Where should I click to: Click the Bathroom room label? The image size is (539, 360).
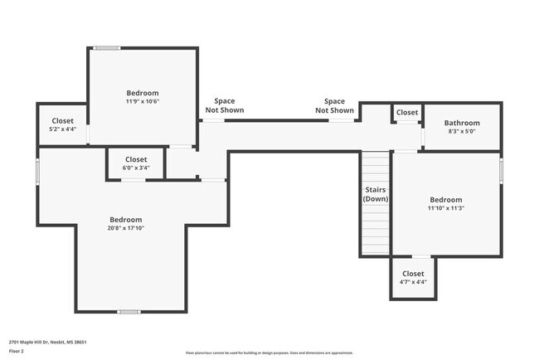462,123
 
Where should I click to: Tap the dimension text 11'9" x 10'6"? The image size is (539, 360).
142,101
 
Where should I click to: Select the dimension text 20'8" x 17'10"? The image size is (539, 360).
126,228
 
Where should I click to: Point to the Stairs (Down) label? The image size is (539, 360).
376,194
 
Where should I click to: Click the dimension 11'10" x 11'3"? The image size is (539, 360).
445,208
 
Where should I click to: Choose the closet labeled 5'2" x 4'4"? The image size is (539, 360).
63,125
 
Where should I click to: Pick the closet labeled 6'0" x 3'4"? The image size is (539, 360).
136,163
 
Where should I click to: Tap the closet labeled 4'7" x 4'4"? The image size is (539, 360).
413,278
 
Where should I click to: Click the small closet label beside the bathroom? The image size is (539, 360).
406,112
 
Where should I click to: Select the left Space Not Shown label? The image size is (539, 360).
224,105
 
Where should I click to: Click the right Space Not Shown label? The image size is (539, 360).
339,105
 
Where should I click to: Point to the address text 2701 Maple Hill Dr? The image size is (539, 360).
47,342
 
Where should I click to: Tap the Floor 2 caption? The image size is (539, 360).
17,351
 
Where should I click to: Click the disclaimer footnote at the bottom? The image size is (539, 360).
269,353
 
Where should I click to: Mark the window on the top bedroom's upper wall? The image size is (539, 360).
106,48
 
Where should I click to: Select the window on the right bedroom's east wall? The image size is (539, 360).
502,169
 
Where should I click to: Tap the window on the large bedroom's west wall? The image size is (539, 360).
37,170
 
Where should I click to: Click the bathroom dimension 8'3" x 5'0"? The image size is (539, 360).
462,131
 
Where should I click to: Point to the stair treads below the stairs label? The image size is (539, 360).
376,228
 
